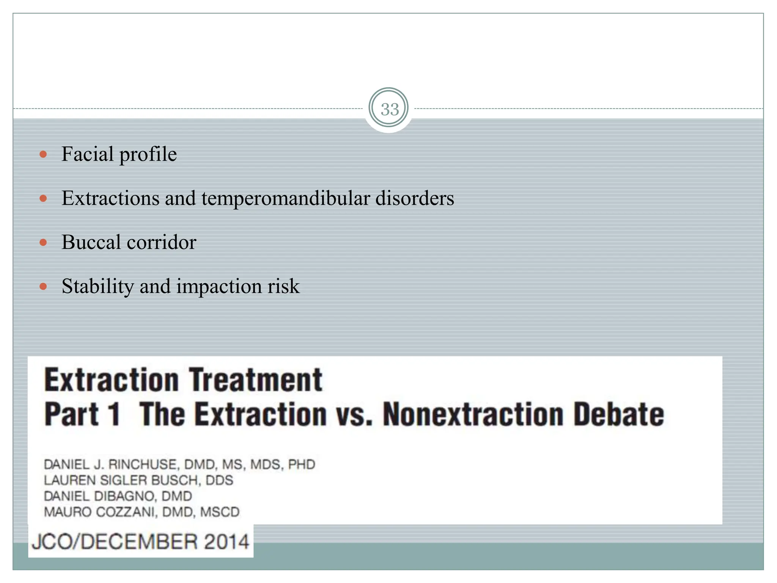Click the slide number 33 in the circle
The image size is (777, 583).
tap(390, 109)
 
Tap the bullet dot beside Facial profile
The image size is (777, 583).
tap(43, 154)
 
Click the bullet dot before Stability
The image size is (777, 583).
tap(43, 286)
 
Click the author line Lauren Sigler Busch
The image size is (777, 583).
tap(138, 481)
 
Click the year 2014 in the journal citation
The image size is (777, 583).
tap(226, 542)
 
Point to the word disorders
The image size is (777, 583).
tap(415, 199)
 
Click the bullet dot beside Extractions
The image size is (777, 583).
tap(43, 198)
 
